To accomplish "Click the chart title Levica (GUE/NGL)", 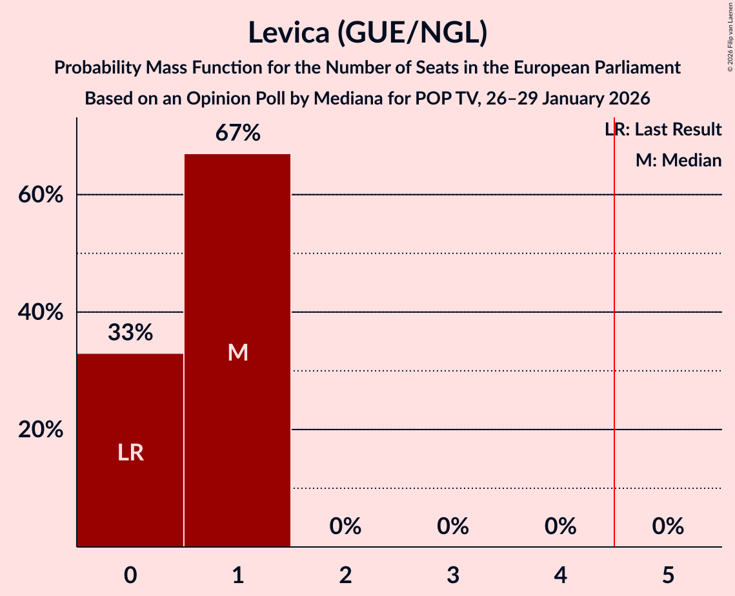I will click(x=367, y=34).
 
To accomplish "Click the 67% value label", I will click(x=237, y=134).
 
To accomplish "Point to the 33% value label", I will click(x=130, y=333).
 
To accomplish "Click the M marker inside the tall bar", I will click(x=237, y=352).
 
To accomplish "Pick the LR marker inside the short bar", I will click(x=130, y=453).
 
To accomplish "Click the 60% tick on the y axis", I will click(x=40, y=195).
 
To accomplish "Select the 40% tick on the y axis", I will click(x=40, y=312).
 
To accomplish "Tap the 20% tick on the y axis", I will click(x=40, y=430).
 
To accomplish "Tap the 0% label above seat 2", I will click(x=345, y=527).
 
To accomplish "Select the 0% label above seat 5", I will click(x=668, y=527).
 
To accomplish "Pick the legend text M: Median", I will click(x=678, y=160).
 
